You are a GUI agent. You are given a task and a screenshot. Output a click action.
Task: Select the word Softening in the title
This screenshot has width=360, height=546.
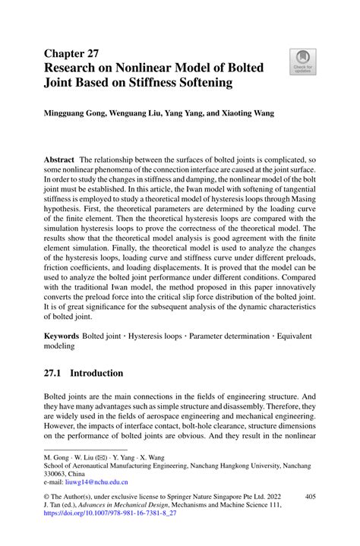click(x=201, y=83)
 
